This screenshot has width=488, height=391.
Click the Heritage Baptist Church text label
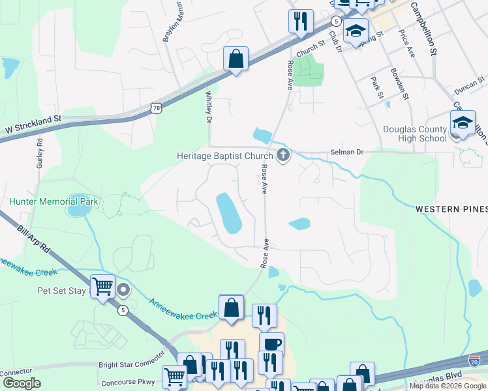click(x=224, y=156)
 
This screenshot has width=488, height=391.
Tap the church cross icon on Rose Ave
click(x=283, y=155)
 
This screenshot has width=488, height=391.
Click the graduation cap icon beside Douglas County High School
click(x=462, y=123)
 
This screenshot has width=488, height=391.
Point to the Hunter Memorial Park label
click(x=53, y=201)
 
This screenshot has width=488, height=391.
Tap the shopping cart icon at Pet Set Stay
click(x=103, y=286)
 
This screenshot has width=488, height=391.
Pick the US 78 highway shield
click(x=155, y=108)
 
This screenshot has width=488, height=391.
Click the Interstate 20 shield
click(x=474, y=360)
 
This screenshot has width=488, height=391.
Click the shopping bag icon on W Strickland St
click(x=236, y=59)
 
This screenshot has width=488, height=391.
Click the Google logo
click(x=22, y=383)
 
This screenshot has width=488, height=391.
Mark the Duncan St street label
click(x=452, y=85)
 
